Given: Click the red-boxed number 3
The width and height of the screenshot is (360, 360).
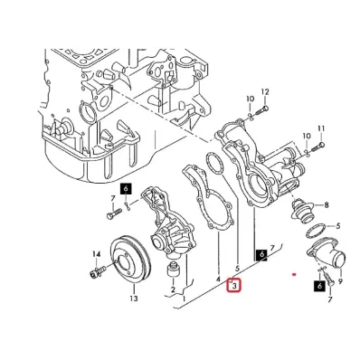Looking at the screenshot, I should pyautogui.click(x=235, y=288).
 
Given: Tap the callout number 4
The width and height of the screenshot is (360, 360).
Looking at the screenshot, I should pyautogui.click(x=218, y=279).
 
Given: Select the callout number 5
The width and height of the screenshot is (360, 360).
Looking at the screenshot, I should pyautogui.click(x=236, y=269).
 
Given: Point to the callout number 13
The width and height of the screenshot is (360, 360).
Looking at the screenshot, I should pyautogui.click(x=133, y=298).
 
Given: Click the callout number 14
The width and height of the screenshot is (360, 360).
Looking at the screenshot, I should pyautogui.click(x=98, y=254).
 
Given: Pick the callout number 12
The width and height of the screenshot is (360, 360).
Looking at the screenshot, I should pyautogui.click(x=265, y=92).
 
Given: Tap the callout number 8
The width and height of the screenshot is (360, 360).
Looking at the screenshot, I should pyautogui.click(x=326, y=205).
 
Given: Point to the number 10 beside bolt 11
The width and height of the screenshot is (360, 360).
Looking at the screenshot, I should pyautogui.click(x=306, y=135).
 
